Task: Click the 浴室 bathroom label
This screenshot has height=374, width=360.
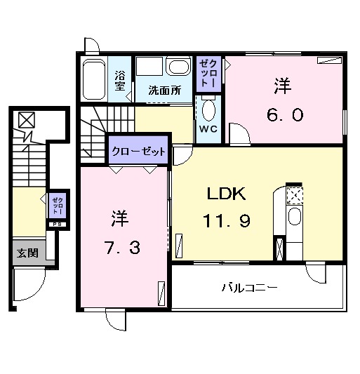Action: pos(120,81)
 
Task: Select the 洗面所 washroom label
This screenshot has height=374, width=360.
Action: pos(164,91)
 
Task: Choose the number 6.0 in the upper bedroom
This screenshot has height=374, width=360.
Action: pos(284,114)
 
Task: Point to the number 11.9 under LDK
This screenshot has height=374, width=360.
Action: pos(227,220)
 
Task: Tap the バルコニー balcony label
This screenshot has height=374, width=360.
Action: pos(249,288)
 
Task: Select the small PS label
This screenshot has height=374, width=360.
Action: pos(56,225)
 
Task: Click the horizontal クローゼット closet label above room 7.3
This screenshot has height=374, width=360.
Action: pos(138,151)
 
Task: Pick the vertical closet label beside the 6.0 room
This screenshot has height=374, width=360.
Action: pos(208,73)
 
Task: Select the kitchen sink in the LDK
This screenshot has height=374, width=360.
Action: pos(294,217)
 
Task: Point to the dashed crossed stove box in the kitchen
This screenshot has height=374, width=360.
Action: pos(294,194)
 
